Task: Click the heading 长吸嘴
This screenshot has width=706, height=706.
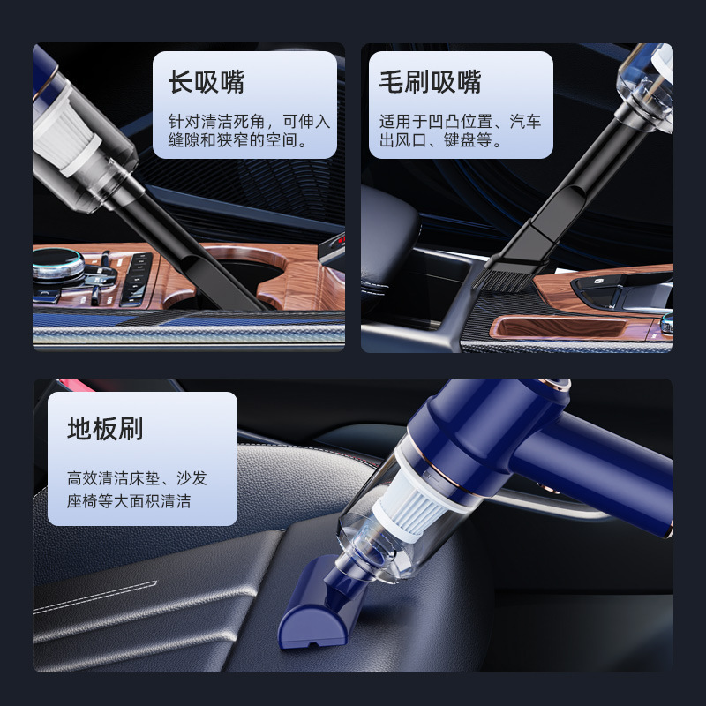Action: coord(207,82)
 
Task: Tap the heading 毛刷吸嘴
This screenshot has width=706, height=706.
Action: coord(430,82)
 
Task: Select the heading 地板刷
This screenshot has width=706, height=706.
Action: coord(105,428)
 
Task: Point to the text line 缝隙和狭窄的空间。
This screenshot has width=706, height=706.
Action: coord(237,140)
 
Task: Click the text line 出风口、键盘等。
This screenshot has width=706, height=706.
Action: coord(440,140)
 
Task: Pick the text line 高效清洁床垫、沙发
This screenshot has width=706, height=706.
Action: coord(137,477)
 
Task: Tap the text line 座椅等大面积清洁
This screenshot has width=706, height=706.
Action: coord(129,500)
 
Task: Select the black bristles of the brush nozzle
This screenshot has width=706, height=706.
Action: coord(500,278)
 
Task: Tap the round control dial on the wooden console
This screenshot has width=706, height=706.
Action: coord(57,267)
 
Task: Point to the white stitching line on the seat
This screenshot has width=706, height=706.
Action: coord(95,597)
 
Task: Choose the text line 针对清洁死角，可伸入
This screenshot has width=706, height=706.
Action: coord(250,122)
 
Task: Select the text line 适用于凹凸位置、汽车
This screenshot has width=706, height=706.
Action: coord(460,122)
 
